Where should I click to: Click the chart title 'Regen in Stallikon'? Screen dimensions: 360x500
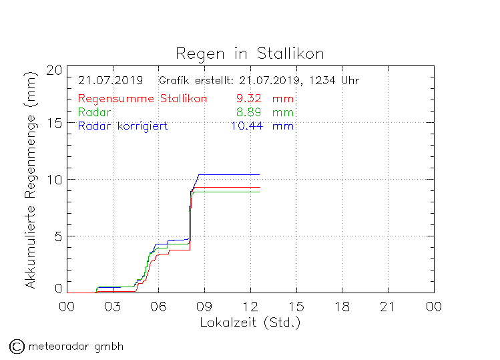point(250,53)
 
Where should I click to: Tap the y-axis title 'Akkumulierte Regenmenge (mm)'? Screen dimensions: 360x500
point(30,181)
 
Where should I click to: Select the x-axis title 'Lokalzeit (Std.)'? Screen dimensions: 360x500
point(250,323)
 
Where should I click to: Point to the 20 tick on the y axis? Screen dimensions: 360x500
point(55,70)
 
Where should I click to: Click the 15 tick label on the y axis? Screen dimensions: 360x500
point(55,124)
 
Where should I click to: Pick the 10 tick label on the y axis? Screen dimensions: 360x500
point(55,180)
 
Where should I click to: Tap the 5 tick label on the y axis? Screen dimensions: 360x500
point(59,236)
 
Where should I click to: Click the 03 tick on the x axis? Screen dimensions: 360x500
point(112,307)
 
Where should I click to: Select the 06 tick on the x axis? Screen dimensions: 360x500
point(158,307)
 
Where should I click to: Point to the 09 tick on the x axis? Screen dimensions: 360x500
point(204,307)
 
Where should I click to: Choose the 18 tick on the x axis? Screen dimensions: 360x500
point(342,307)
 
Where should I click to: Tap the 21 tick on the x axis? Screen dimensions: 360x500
point(388,307)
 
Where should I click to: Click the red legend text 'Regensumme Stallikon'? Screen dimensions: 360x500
point(142,99)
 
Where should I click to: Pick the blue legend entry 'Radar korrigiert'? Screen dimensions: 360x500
point(123,126)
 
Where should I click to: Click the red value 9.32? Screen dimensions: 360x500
point(248,99)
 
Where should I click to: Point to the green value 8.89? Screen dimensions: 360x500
point(248,112)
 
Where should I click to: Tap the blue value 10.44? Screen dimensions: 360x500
point(245,126)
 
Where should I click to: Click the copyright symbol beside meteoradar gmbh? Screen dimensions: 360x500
point(17,346)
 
